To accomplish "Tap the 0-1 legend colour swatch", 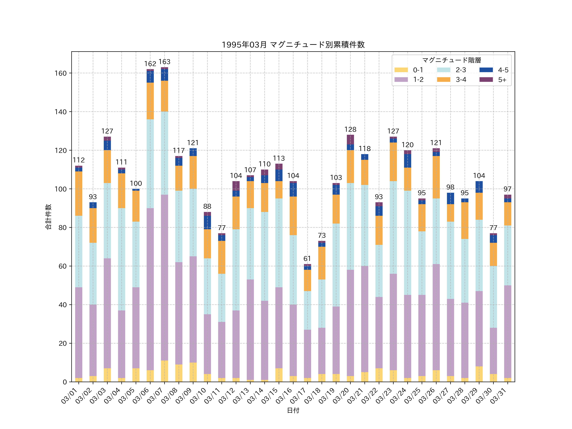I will (x=401, y=70).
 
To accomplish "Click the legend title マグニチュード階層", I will (x=452, y=60).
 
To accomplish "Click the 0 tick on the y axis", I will (x=65, y=382).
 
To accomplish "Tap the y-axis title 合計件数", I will (x=48, y=217).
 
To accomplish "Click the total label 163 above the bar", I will (x=164, y=62).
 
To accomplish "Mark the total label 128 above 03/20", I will (x=350, y=129).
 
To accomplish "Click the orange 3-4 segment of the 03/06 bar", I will (x=150, y=101).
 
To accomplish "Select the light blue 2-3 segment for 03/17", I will (x=307, y=310).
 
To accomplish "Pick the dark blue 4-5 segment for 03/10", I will (x=207, y=222).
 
